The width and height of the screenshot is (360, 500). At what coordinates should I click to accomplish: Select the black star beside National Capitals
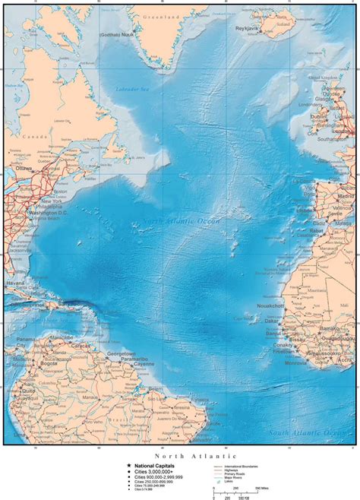pos(118,464)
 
